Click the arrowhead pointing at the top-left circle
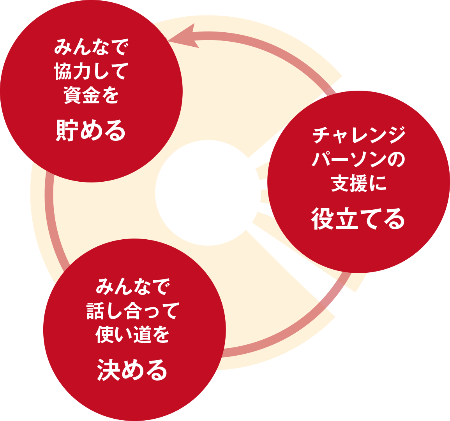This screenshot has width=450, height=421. point(183,37)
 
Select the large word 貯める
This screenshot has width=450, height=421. point(91,130)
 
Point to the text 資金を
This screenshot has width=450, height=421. point(91,95)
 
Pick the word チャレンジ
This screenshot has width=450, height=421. point(358,135)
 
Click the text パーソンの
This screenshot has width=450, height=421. point(358,160)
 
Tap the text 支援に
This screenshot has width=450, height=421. point(358,184)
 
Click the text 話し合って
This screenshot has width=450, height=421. point(133,311)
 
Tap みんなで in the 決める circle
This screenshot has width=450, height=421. point(133,287)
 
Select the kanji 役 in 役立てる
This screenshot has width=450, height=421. point(323,219)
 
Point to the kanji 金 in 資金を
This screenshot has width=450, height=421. point(91,95)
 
